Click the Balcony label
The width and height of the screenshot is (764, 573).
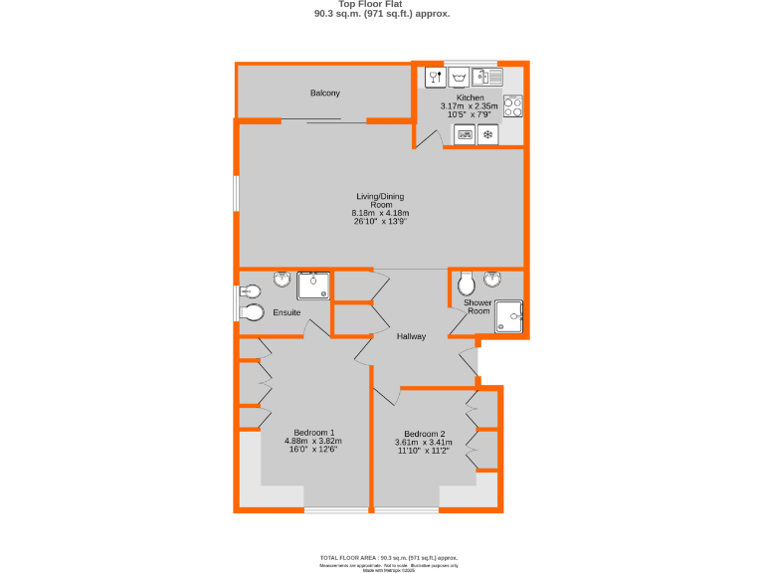pyautogui.click(x=325, y=93)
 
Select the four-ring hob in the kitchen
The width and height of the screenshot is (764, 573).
pyautogui.click(x=513, y=105)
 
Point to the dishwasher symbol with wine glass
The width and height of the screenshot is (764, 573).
pyautogui.click(x=434, y=76)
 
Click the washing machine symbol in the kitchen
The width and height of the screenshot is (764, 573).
pyautogui.click(x=459, y=76)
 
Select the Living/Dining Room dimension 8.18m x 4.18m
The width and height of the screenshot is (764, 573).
pyautogui.click(x=381, y=213)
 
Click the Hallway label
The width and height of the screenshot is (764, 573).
pyautogui.click(x=411, y=336)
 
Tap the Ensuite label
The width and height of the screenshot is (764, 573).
pyautogui.click(x=286, y=312)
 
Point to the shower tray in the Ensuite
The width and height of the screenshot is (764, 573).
pyautogui.click(x=314, y=285)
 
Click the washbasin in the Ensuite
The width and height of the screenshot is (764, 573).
pyautogui.click(x=282, y=280)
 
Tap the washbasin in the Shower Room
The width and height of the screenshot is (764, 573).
pyautogui.click(x=492, y=279)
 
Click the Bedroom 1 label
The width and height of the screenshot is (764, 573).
pyautogui.click(x=313, y=432)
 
